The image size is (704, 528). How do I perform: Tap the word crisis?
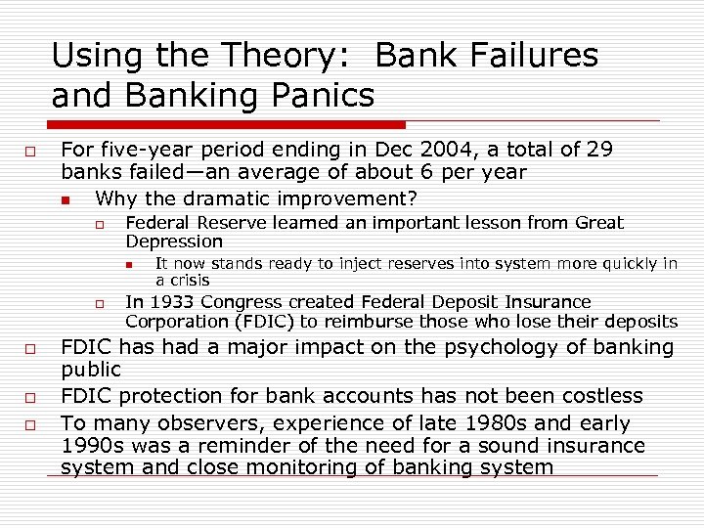pos(189,280)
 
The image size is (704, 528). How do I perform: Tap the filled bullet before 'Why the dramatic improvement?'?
pos(65,199)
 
